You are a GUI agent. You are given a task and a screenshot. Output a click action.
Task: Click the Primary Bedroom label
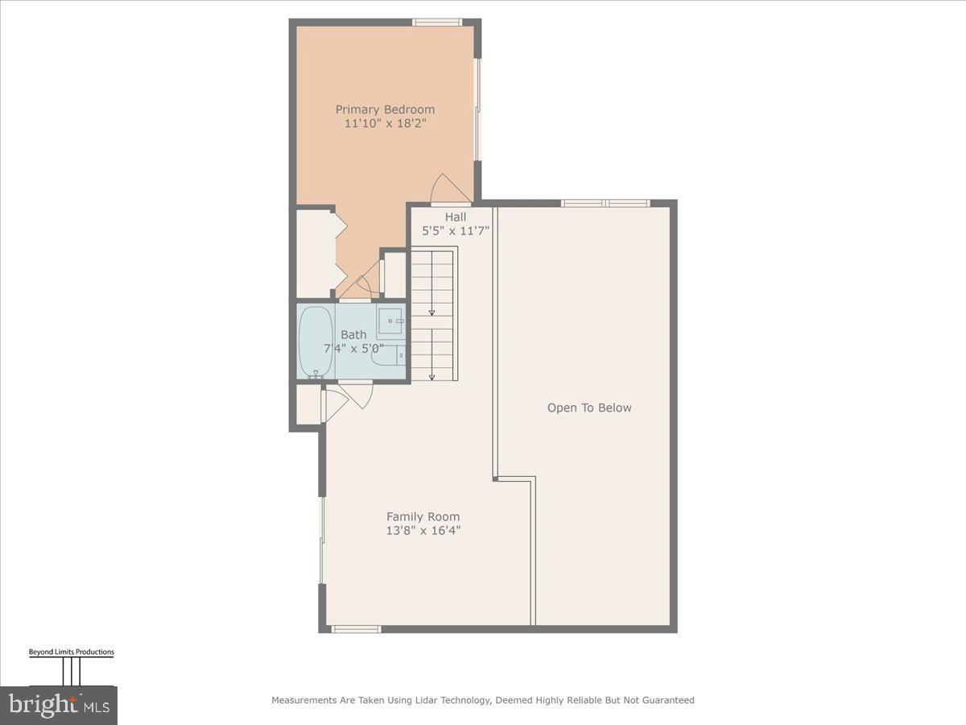pos(385,110)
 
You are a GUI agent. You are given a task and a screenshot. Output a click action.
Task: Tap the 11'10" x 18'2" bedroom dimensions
pos(385,124)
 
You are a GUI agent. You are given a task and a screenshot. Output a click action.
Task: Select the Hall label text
pos(456,217)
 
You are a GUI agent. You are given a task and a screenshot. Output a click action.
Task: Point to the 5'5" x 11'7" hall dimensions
pos(456,230)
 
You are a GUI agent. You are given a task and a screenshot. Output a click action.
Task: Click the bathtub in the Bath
pos(315,342)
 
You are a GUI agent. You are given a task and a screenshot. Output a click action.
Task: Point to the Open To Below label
pos(589,408)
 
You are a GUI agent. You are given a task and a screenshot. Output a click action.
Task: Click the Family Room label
pos(423,517)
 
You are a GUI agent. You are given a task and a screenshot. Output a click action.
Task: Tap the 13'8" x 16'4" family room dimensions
pos(423,531)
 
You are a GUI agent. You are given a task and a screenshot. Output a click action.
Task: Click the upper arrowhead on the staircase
pos(432,313)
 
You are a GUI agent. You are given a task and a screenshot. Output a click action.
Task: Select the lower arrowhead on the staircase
pos(432,376)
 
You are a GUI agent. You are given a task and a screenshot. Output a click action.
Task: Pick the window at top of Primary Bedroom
pos(436,22)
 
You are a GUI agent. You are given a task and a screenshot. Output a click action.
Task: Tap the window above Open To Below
pos(605,203)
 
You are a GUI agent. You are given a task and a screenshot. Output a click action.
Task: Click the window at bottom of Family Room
pos(356,629)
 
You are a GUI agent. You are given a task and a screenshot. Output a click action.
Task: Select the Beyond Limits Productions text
pos(72,652)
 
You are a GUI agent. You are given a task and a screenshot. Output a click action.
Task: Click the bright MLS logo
pos(58,706)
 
